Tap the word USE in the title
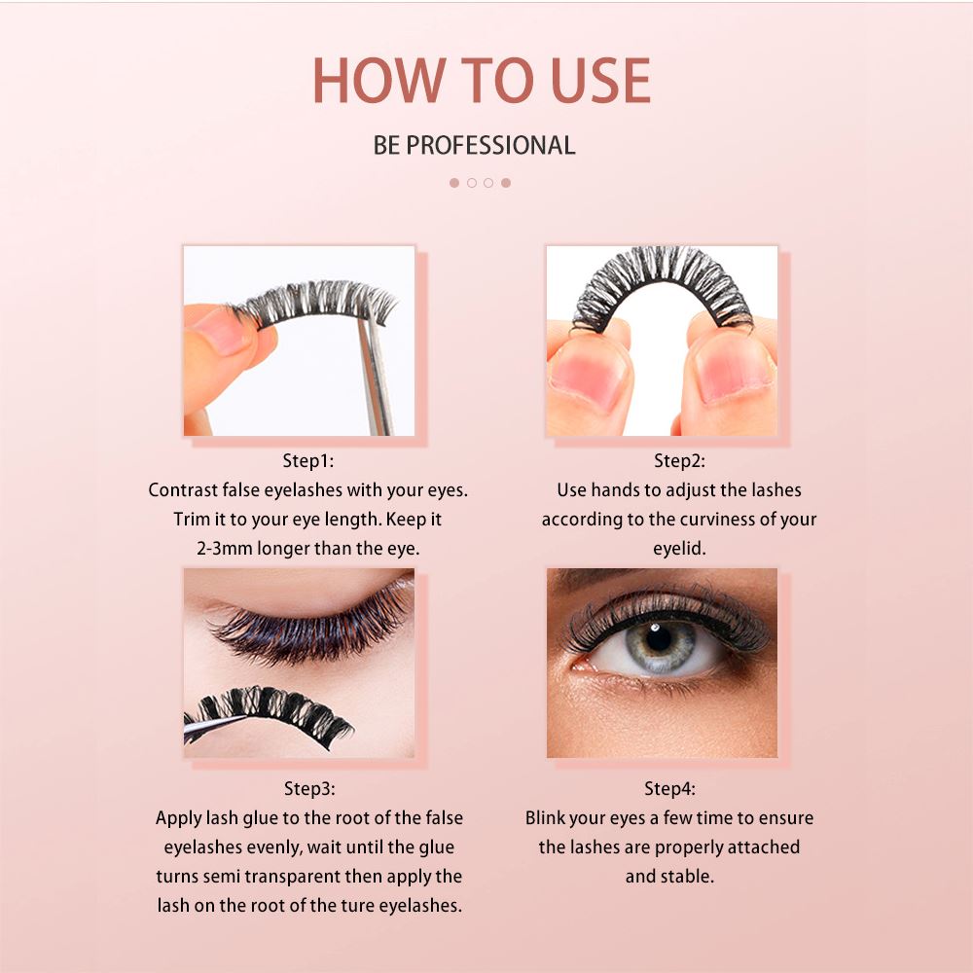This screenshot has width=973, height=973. click(600, 80)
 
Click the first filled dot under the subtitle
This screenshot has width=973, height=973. click(454, 183)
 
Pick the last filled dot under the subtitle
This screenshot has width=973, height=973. click(506, 183)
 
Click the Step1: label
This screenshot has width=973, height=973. click(307, 460)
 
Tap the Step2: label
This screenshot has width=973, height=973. click(679, 460)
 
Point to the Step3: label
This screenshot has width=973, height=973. click(309, 788)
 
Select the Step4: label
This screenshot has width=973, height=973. click(669, 788)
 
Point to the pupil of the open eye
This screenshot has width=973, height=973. click(659, 640)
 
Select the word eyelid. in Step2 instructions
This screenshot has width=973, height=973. click(679, 549)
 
